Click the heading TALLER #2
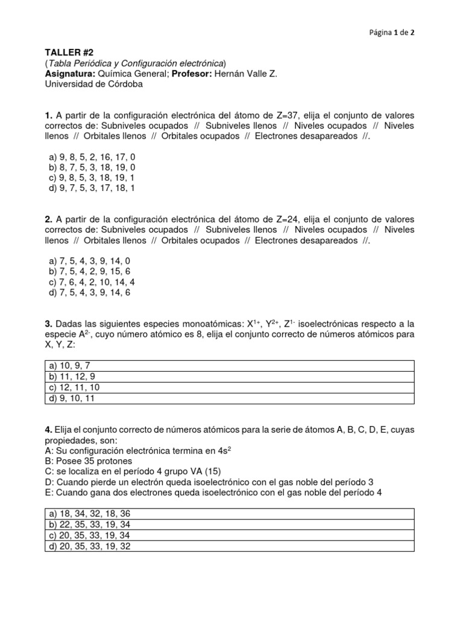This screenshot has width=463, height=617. pyautogui.click(x=68, y=53)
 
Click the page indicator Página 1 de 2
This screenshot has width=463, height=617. pyautogui.click(x=391, y=33)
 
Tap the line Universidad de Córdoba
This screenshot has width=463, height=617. pyautogui.click(x=95, y=84)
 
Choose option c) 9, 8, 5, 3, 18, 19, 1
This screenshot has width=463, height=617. pyautogui.click(x=91, y=177)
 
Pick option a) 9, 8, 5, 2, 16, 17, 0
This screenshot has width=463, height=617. pyautogui.click(x=92, y=157)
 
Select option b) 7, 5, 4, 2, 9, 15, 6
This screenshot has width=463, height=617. pyautogui.click(x=89, y=272)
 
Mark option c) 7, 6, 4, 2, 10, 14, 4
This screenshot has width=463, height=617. pyautogui.click(x=91, y=282)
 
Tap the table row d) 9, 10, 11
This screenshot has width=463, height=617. pyautogui.click(x=71, y=398)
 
